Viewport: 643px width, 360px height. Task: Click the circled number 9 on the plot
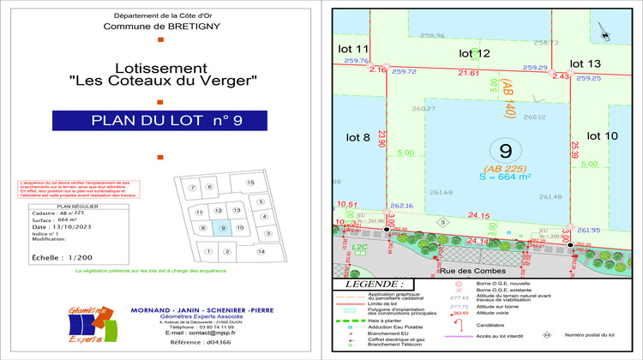tap(505, 151)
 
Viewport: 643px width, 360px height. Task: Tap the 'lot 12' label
tap(474, 54)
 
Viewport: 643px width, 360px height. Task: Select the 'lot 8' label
tap(358, 137)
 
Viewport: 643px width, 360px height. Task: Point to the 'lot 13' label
tap(586, 63)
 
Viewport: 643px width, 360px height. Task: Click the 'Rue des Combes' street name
tap(470, 271)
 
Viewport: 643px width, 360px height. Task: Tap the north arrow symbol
tap(605, 33)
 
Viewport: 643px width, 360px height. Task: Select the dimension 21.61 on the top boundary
tap(468, 74)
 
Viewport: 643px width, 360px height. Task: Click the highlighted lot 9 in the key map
tap(222, 227)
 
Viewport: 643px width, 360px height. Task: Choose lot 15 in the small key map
tap(250, 183)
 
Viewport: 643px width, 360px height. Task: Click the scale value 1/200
tap(81, 257)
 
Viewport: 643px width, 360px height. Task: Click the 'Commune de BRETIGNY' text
tap(160, 27)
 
